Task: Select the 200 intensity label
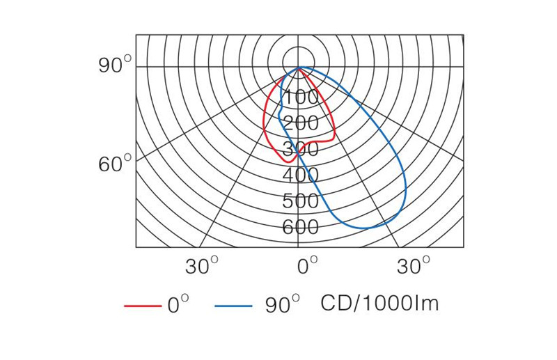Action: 301,123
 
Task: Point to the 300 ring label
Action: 301,149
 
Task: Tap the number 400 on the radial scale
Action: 301,175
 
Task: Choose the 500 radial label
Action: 301,201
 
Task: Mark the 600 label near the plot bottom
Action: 301,227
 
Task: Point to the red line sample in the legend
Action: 142,306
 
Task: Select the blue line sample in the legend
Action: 233,306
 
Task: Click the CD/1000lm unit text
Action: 379,304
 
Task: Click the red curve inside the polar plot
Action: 264,125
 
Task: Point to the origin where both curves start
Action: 299,68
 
